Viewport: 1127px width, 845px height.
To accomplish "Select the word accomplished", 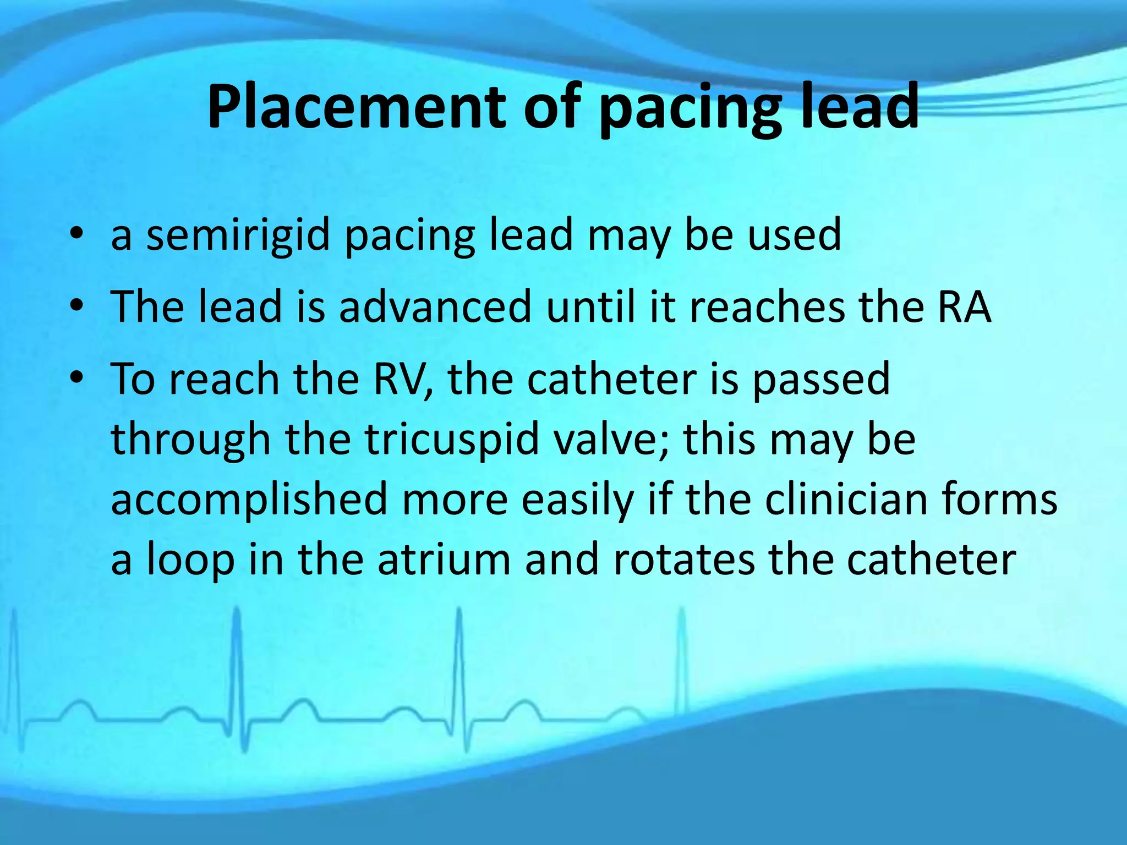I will (249, 500).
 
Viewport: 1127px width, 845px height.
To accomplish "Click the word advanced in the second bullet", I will (435, 306).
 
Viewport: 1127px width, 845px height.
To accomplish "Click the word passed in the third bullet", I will (820, 379).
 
